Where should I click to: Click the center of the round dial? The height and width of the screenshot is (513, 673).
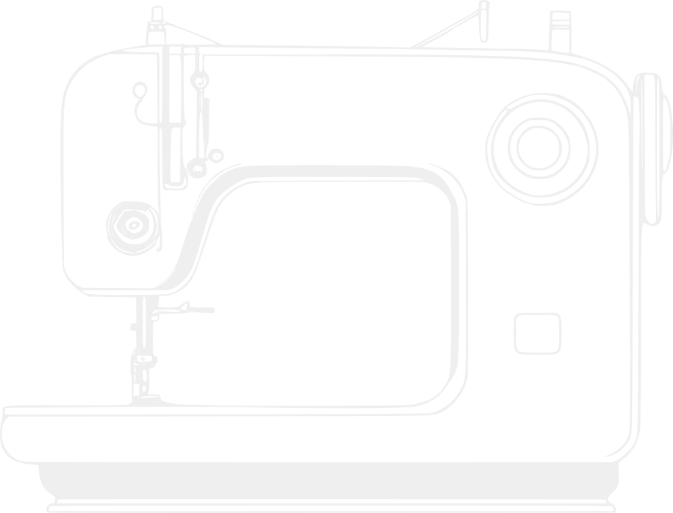tap(538, 147)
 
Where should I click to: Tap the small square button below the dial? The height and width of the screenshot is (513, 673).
tap(537, 333)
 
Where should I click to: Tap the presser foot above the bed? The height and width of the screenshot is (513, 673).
tap(185, 310)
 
